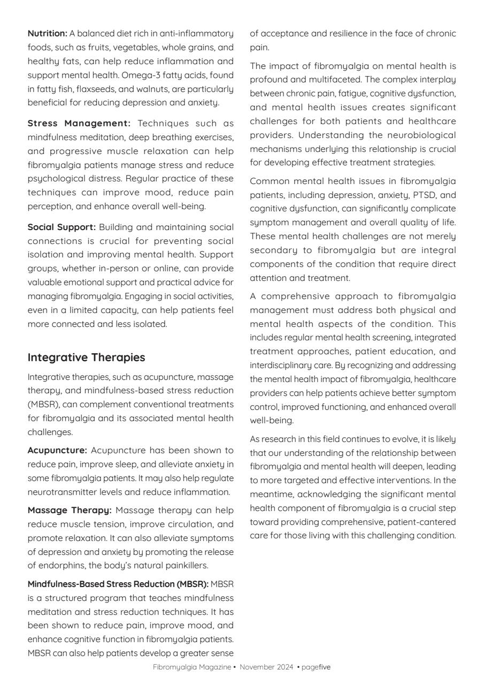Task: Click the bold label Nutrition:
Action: [x=47, y=34]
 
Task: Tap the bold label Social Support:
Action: [x=62, y=227]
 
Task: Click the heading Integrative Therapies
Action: [x=86, y=357]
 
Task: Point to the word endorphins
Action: [x=58, y=566]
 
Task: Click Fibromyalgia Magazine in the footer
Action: [x=192, y=667]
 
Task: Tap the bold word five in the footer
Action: [x=325, y=667]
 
